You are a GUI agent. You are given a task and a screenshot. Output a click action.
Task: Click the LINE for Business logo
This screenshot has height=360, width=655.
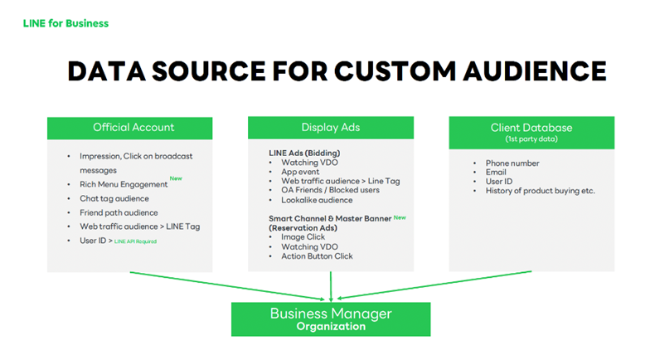pos(65,23)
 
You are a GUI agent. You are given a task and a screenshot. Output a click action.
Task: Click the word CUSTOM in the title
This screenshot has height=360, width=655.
pos(395,71)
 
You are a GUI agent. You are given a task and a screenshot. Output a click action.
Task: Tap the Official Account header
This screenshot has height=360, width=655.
pos(133,127)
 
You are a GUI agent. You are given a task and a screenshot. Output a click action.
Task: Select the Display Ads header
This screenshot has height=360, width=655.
pos(331,127)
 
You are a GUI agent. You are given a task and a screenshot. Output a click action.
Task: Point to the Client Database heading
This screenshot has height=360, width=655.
pos(531,128)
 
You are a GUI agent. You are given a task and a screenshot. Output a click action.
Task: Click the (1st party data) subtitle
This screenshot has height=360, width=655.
pos(531,139)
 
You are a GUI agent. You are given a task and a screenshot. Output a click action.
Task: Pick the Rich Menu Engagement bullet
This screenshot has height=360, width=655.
pos(124,184)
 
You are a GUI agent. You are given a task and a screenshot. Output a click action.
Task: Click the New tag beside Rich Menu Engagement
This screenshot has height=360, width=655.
pos(176,178)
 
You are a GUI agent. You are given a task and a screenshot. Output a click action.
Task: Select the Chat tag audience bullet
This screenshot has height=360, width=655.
pos(114,198)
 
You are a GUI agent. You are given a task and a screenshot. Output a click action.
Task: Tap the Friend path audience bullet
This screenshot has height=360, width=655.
pos(119,212)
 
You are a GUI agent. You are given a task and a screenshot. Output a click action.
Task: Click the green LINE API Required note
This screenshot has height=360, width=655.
pos(135,241)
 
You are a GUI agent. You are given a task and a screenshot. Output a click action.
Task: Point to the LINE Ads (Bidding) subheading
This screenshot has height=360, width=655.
pos(304,153)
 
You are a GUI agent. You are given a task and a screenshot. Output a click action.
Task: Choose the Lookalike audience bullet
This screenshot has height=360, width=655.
pos(317,200)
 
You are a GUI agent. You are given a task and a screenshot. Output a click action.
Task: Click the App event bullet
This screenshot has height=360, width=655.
pos(300,172)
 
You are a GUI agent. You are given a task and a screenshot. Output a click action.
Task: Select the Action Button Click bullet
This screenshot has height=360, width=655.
pos(317,255)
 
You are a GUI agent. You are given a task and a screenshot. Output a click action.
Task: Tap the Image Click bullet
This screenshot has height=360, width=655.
pos(303,237)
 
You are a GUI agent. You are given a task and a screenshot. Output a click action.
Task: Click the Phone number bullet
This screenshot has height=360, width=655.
pos(512,163)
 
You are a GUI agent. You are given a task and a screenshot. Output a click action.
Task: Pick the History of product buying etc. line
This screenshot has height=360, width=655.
pos(540,191)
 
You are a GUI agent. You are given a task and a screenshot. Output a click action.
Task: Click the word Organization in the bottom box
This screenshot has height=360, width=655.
pos(331,327)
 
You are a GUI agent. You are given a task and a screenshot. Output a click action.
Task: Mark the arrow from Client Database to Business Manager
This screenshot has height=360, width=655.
pos(434,285)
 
